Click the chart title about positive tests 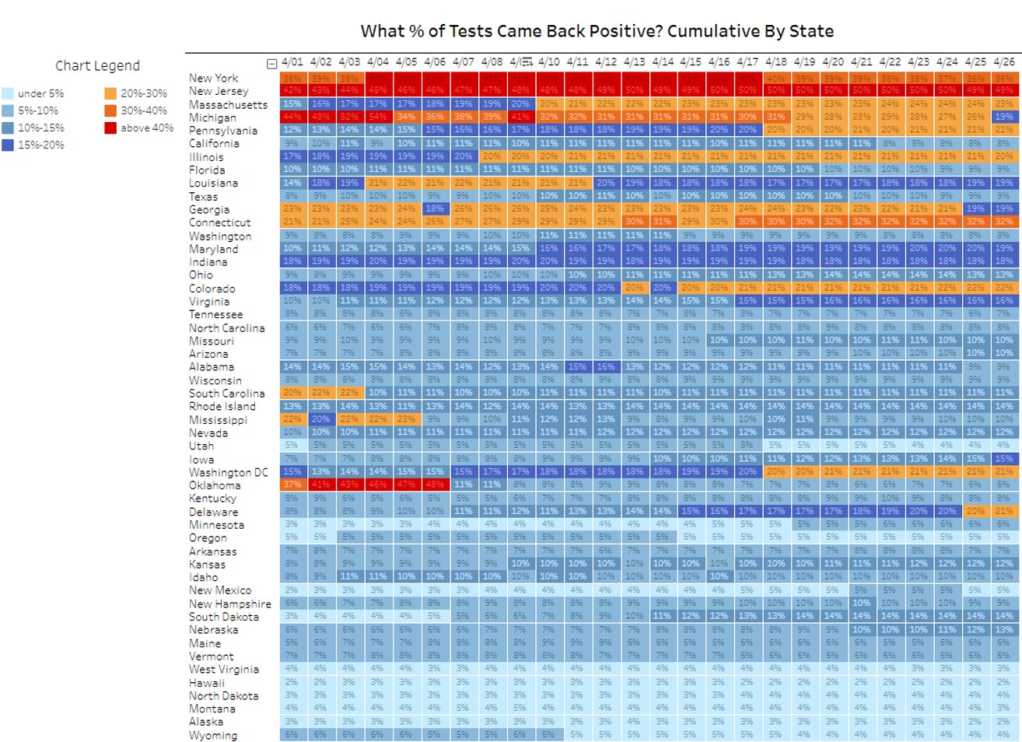click(597, 31)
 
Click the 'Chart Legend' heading click(97, 66)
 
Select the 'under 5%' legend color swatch click(8, 93)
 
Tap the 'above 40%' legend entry click(147, 128)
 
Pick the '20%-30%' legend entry click(143, 93)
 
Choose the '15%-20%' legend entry click(41, 145)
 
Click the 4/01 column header click(292, 61)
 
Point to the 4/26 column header click(1004, 61)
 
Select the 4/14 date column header click(663, 61)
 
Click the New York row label click(213, 78)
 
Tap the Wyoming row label click(212, 735)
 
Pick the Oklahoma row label click(214, 485)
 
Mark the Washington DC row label click(228, 472)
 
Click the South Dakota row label click(223, 617)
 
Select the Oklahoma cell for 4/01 click(292, 485)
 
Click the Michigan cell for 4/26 click(1004, 117)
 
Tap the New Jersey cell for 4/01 click(292, 90)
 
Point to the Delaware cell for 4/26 click(1004, 511)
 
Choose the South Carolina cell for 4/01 click(292, 393)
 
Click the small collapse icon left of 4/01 click(271, 64)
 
